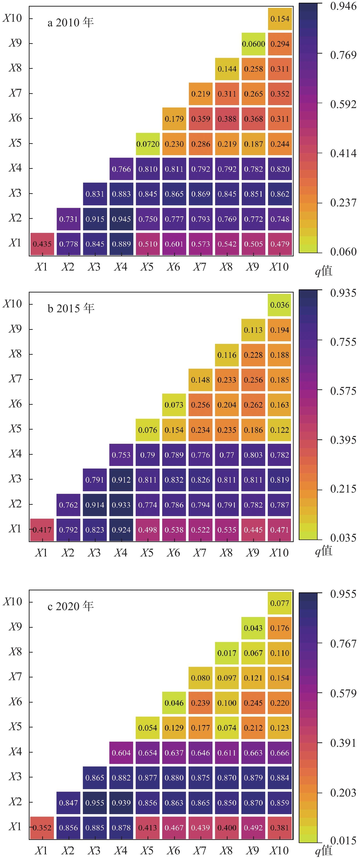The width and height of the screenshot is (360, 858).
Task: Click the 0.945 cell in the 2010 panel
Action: pos(121,219)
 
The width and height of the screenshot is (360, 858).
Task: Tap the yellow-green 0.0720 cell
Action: pos(148,144)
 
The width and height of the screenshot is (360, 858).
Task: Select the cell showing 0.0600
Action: pos(253,44)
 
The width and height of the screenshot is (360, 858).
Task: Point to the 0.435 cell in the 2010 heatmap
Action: pos(42,244)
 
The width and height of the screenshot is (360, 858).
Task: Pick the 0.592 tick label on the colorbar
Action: pos(343,104)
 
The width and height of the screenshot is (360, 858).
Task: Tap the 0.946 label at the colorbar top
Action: pos(343,6)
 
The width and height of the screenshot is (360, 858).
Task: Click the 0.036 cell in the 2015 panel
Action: pos(280,305)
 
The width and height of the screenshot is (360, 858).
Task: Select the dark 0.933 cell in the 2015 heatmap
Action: pos(121,505)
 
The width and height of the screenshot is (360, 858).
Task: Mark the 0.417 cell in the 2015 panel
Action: pos(42,530)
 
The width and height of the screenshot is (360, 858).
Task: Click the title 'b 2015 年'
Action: pos(71,308)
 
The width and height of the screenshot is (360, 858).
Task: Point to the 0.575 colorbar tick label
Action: pos(343,391)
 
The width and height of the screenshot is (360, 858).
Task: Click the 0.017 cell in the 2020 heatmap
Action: pos(227,653)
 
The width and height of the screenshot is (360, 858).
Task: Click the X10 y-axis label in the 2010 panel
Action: pos(13,18)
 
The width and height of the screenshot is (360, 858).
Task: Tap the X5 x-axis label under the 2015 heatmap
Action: pos(147,553)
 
